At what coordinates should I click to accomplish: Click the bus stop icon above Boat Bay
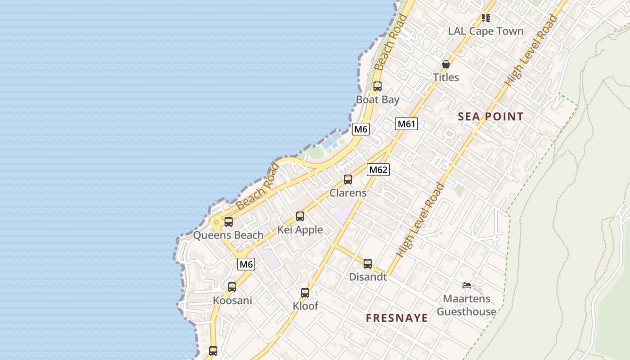pyautogui.click(x=378, y=86)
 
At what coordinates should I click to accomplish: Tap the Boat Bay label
pyautogui.click(x=378, y=99)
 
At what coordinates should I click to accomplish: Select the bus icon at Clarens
pyautogui.click(x=348, y=180)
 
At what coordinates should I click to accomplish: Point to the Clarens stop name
pyautogui.click(x=348, y=193)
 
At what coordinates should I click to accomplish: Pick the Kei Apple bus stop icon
pyautogui.click(x=300, y=216)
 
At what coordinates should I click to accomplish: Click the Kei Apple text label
pyautogui.click(x=300, y=230)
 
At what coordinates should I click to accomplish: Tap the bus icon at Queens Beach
pyautogui.click(x=229, y=222)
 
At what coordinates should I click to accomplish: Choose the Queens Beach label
pyautogui.click(x=228, y=235)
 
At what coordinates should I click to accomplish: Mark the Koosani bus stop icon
pyautogui.click(x=232, y=287)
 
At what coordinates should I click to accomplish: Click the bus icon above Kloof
pyautogui.click(x=305, y=293)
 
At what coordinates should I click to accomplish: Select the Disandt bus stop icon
pyautogui.click(x=368, y=264)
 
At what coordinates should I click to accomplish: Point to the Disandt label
pyautogui.click(x=368, y=277)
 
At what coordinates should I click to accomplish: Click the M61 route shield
pyautogui.click(x=406, y=124)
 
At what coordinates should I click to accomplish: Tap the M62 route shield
pyautogui.click(x=378, y=170)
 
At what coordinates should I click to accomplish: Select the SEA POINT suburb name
pyautogui.click(x=490, y=117)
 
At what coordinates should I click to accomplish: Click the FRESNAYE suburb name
pyautogui.click(x=396, y=318)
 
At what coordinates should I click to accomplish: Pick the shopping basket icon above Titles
pyautogui.click(x=446, y=64)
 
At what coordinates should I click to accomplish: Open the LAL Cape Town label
pyautogui.click(x=486, y=31)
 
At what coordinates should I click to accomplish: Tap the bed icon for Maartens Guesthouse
pyautogui.click(x=467, y=285)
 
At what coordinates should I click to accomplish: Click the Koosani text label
pyautogui.click(x=232, y=301)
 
